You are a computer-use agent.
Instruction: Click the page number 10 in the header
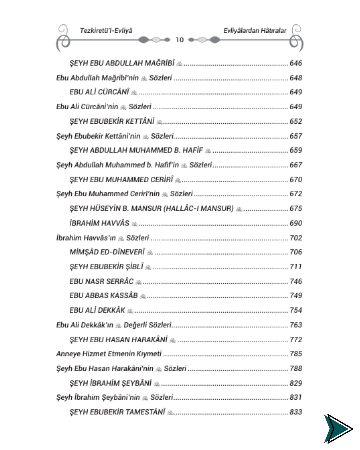[180, 40]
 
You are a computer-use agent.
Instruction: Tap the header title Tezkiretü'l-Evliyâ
[106, 31]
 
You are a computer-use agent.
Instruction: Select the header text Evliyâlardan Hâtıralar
[255, 31]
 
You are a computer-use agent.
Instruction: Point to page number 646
[296, 63]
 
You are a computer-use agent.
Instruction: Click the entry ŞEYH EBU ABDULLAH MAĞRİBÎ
[122, 63]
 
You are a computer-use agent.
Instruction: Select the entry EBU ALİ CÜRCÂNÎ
[99, 92]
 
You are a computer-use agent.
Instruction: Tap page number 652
[296, 121]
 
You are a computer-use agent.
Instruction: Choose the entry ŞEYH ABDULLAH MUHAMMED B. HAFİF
[136, 150]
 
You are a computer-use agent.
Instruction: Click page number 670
[296, 180]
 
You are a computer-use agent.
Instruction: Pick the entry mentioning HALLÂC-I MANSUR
[152, 209]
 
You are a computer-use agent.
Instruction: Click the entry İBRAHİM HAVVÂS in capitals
[99, 223]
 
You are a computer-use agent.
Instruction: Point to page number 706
[296, 252]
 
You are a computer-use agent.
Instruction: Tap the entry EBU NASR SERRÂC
[102, 281]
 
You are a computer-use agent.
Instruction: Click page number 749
[296, 296]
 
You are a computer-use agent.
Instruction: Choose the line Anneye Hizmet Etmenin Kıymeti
[109, 354]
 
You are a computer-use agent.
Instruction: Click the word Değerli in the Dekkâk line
[135, 325]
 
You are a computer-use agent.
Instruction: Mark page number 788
[296, 368]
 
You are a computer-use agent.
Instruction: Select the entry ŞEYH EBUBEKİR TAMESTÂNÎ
[117, 412]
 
